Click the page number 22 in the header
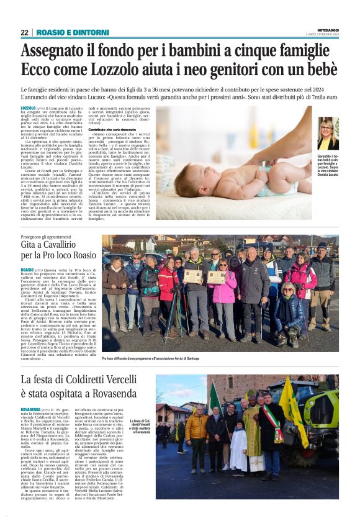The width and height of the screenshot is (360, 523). (25, 32)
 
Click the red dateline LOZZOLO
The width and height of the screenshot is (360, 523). (28, 108)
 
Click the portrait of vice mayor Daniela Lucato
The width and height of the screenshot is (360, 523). (328, 133)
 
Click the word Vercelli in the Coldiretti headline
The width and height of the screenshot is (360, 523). (117, 379)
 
